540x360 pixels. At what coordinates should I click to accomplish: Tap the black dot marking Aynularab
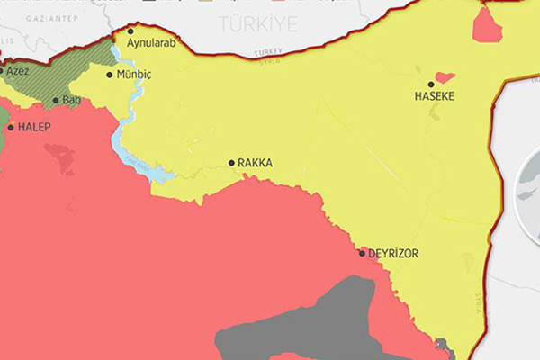[x=130, y=31]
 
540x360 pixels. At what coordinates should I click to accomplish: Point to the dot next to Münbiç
[x=110, y=75]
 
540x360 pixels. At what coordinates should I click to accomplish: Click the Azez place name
[x=17, y=70]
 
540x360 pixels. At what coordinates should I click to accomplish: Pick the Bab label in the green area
[x=72, y=101]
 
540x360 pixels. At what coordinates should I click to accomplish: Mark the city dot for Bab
[x=56, y=101]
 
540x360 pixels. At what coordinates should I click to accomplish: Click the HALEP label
[x=35, y=128]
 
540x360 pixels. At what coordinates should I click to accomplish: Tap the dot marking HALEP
[x=11, y=128]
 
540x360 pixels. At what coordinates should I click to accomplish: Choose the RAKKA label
[x=256, y=164]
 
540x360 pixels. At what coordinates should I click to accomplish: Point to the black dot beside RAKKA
[x=231, y=163]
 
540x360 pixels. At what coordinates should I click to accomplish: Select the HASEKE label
[x=433, y=96]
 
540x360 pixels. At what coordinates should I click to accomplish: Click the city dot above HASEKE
[x=431, y=85]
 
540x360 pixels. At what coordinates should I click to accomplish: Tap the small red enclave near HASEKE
[x=444, y=77]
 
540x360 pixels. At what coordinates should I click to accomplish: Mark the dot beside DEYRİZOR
[x=363, y=253]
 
